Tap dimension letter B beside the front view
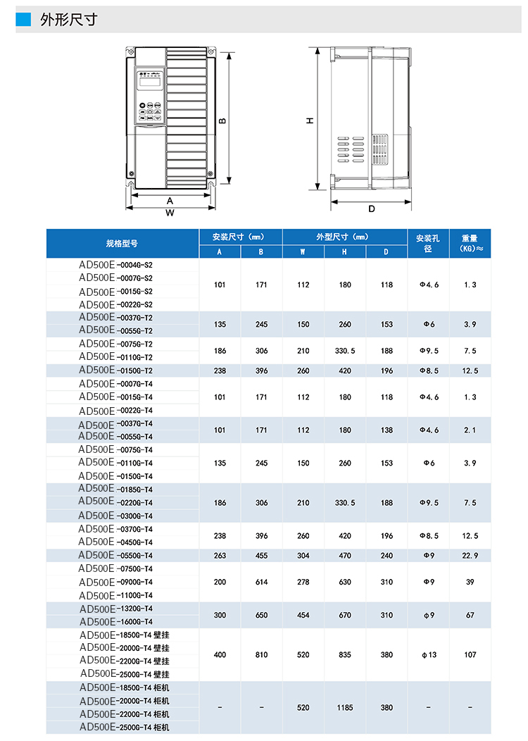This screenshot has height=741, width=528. click(x=222, y=120)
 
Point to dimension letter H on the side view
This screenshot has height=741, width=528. click(x=310, y=120)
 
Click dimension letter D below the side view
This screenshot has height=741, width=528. click(x=371, y=208)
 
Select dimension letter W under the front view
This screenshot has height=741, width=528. click(x=170, y=212)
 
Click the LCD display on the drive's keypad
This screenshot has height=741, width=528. click(x=150, y=82)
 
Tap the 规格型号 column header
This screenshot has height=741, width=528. click(x=122, y=244)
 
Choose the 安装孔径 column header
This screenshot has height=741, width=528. click(x=428, y=244)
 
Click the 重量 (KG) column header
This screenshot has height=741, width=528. click(x=470, y=244)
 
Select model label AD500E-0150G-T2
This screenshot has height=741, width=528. click(x=115, y=370)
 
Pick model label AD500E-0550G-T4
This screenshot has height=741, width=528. click(x=115, y=555)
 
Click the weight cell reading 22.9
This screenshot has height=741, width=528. click(x=470, y=555)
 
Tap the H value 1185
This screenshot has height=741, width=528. click(x=344, y=707)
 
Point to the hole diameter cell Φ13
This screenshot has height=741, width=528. click(x=428, y=654)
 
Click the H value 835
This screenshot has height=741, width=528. click(x=344, y=654)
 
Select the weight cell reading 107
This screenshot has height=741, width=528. click(x=470, y=654)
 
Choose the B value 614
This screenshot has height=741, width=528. click(x=261, y=582)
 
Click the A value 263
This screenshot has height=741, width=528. click(x=220, y=555)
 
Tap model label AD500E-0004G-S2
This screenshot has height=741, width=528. click(x=115, y=266)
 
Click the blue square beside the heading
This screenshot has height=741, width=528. click(x=24, y=20)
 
